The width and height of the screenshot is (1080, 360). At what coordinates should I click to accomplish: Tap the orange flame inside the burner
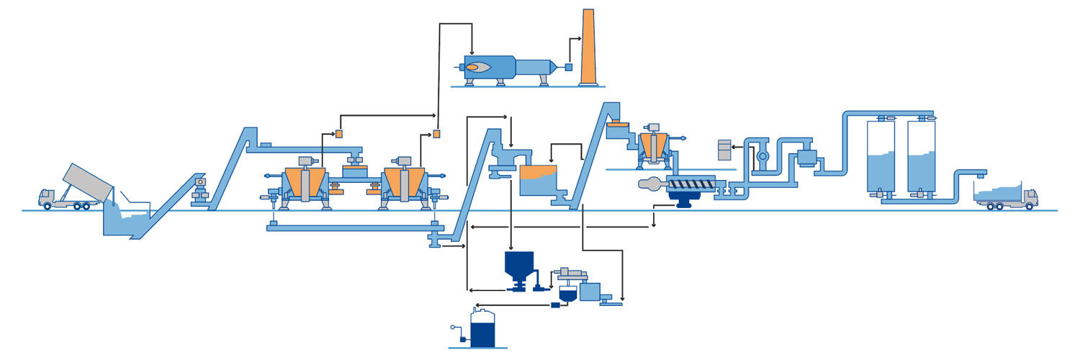click(477, 68)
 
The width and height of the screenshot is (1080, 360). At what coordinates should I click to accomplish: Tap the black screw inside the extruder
click(690, 184)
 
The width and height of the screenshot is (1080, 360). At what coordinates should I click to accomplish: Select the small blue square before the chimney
click(568, 67)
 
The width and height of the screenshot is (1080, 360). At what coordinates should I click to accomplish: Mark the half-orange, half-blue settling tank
click(539, 181)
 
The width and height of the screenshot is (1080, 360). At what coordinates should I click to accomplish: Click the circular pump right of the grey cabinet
click(764, 156)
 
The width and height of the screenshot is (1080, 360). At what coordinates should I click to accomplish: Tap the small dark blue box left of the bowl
click(555, 305)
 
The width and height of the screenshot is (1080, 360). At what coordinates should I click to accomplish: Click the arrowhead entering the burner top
click(471, 52)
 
